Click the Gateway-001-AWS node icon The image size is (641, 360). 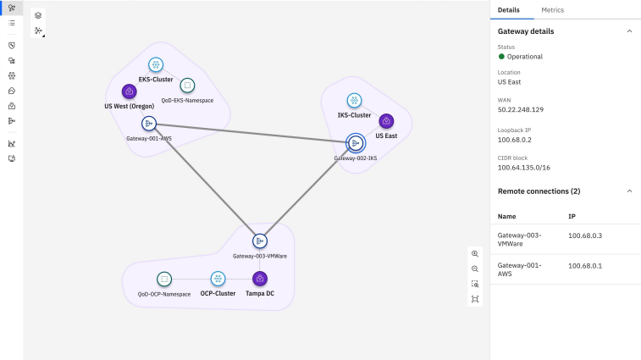point(149,124)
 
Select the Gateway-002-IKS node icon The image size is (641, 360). point(356,143)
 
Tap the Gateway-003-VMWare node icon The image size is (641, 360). point(260,241)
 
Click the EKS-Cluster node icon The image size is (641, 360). point(155,64)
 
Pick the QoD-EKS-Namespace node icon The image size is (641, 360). point(187,86)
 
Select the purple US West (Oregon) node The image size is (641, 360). point(130,91)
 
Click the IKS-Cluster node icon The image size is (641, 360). point(354,100)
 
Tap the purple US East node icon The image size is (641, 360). point(386,121)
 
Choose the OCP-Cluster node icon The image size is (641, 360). point(218,279)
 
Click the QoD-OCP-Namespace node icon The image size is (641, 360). point(164,280)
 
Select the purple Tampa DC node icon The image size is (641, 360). point(260,279)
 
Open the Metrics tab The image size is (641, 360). point(552,10)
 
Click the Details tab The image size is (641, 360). point(509,10)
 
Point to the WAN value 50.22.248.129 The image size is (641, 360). point(521,109)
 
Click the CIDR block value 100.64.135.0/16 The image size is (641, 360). point(523,168)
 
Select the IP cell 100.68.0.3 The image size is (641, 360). point(585,235)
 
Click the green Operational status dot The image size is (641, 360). point(501,57)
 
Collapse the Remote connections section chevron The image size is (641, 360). point(629,191)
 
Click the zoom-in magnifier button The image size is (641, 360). point(475,253)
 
